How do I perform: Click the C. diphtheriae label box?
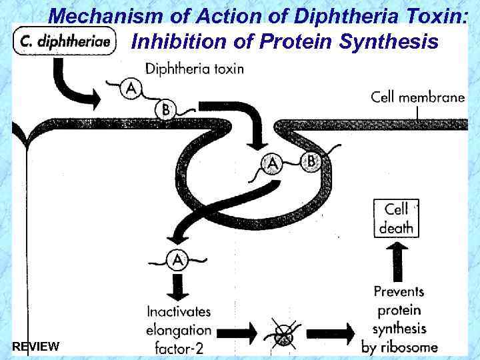65,41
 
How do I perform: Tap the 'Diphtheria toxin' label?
194,68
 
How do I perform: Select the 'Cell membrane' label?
417,97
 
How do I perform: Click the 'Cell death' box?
397,218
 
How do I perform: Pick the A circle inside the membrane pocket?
271,164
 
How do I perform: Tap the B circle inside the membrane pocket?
311,161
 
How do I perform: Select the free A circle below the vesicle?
177,259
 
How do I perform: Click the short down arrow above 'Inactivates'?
177,285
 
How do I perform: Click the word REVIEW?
36,347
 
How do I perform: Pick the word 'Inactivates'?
179,311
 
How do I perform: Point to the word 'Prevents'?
399,291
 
